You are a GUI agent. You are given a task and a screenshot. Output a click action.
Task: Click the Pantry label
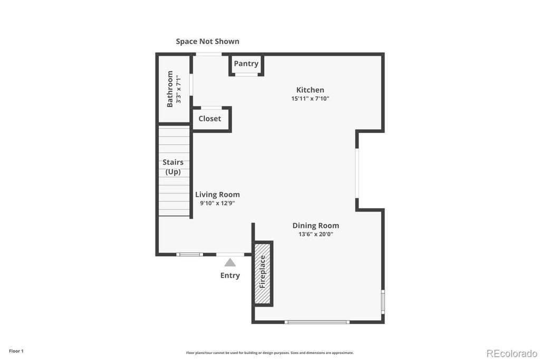pos(246,64)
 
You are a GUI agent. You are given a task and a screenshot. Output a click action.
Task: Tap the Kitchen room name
pos(310,90)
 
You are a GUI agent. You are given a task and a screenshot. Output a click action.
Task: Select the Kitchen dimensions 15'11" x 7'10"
pos(310,99)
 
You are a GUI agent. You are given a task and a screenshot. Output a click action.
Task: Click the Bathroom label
pos(170,89)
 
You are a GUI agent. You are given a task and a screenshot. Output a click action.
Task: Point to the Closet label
pos(210,119)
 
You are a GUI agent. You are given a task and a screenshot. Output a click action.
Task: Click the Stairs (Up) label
pos(173,167)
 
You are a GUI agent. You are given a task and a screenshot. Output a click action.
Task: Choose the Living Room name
pos(217,194)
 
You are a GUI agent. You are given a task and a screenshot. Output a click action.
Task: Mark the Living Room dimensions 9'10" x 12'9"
pos(217,203)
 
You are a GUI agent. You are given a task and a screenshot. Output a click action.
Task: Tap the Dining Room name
pos(316,226)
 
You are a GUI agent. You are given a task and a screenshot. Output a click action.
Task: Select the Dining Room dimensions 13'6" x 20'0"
pos(316,234)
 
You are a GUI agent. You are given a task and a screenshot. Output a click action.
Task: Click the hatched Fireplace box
pos(263,273)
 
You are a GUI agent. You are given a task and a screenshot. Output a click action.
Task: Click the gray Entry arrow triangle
pos(230,262)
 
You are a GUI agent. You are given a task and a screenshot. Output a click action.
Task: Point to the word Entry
pos(230,275)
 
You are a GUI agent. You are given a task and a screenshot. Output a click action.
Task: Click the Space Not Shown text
pos(208,41)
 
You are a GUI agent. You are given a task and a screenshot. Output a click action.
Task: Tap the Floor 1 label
pos(16,351)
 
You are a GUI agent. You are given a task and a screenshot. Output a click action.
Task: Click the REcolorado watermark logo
pos(512,353)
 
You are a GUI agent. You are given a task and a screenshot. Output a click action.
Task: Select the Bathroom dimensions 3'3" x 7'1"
pos(179,89)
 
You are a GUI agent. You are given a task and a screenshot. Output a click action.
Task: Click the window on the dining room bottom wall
pos(316,322)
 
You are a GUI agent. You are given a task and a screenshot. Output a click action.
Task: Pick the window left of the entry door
pos(189,255)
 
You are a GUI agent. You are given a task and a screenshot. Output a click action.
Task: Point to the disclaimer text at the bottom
pos(269,353)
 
